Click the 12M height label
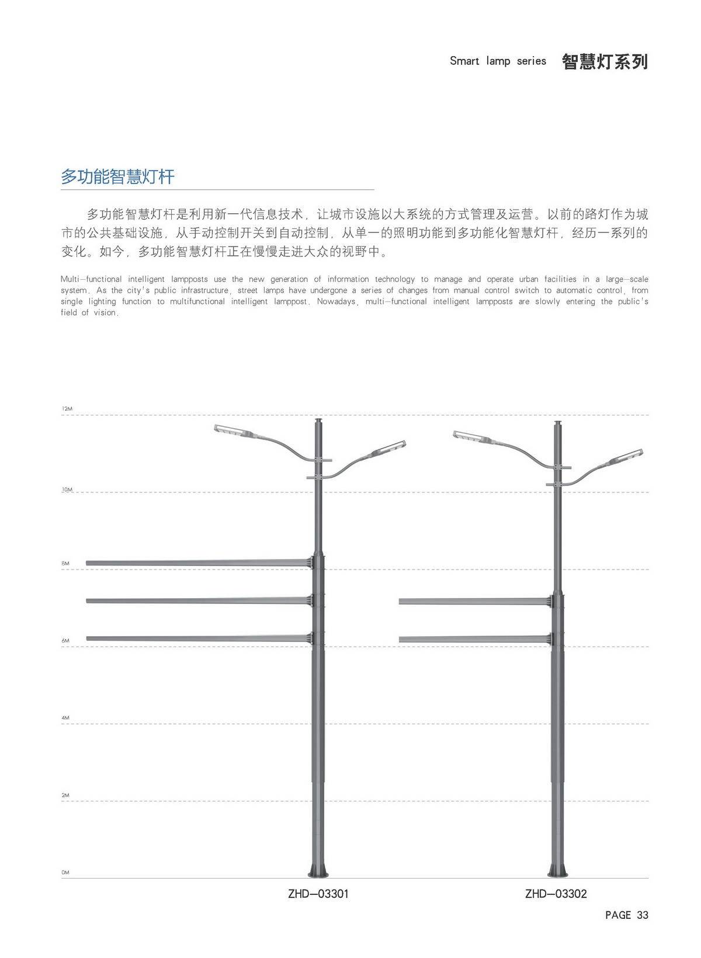coord(67,408)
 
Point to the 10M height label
coord(67,490)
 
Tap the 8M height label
coord(65,563)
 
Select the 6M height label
coord(65,641)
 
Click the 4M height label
coord(65,718)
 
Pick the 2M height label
coord(65,795)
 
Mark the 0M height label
coord(65,872)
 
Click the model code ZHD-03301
coord(318,894)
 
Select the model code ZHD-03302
coord(556,894)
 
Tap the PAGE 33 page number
coord(627,915)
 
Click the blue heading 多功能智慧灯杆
coord(117,176)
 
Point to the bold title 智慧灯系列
coord(605,61)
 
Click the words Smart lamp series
coord(498,61)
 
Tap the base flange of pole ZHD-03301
coord(318,870)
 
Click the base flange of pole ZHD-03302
coord(558,870)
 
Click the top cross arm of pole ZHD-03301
coord(199,563)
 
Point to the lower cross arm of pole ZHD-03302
coord(476,640)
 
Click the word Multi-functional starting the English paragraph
coord(91,279)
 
